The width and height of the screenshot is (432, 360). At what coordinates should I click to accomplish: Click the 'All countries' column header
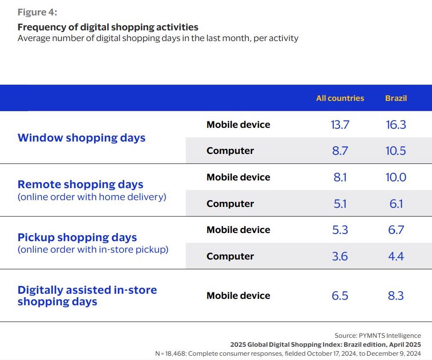pos(340,98)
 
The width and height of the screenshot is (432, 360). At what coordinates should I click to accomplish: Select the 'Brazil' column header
pos(396,98)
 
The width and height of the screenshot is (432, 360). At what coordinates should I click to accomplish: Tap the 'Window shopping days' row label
pos(81,138)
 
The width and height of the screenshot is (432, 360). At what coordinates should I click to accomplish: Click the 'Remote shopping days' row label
pos(80,184)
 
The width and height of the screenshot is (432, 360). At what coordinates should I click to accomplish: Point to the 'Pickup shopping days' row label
pos(77,237)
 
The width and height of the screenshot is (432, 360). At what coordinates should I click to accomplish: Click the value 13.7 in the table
pos(340,124)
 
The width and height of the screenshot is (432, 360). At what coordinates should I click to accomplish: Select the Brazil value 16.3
pos(396,124)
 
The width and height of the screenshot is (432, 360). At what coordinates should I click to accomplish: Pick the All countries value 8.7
pos(340,150)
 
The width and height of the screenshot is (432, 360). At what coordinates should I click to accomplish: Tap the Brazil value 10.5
pos(396,150)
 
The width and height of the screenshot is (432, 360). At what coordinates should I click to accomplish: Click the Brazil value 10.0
pos(396,177)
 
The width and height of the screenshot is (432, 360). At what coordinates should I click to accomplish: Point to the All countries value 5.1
pos(340,204)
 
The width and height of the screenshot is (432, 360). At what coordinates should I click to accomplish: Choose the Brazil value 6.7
pos(396,230)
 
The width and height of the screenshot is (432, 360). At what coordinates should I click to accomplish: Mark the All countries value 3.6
pos(340,256)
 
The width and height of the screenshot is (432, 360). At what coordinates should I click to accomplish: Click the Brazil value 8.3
pos(396,295)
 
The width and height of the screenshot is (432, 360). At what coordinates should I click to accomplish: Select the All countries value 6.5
pos(340,295)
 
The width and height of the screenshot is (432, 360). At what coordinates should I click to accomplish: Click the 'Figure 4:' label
pos(37,12)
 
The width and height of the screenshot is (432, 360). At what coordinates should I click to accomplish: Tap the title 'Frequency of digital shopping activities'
pos(108,27)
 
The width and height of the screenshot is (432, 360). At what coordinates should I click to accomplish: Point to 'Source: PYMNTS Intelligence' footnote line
pos(377,336)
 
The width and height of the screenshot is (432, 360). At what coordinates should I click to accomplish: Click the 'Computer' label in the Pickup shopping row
pos(230,256)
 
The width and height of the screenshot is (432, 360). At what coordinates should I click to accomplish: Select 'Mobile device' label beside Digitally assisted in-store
pos(238,295)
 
